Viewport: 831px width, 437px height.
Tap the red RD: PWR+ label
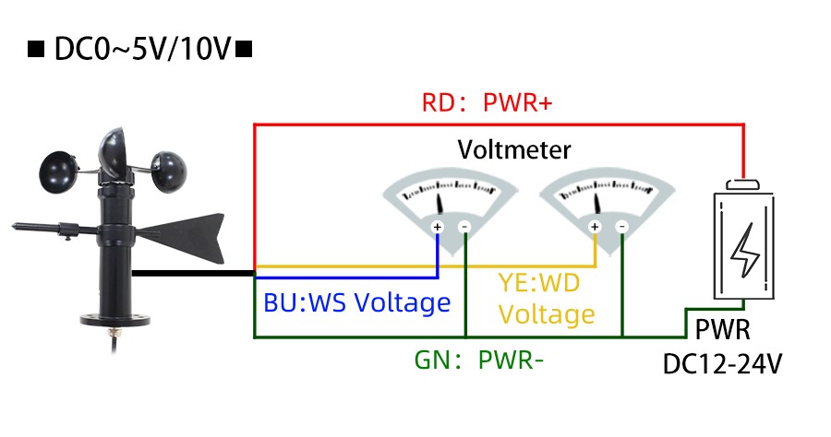(487, 102)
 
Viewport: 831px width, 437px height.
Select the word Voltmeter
(514, 149)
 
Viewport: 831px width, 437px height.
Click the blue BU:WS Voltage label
(356, 302)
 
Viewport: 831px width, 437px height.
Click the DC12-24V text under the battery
(723, 363)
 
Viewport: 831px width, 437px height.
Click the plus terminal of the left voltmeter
(438, 227)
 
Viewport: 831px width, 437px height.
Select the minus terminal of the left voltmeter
(465, 227)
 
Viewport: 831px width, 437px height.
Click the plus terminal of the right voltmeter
(595, 227)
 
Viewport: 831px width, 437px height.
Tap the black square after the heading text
(244, 48)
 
